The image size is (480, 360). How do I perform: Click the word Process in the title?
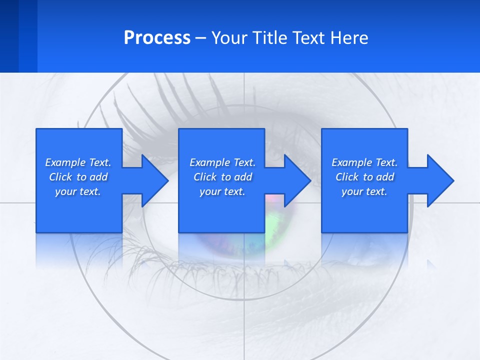coord(157,38)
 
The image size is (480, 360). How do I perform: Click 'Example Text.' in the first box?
coord(78,162)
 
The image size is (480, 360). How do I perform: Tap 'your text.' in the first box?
coord(78,191)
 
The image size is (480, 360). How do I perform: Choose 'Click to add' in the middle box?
coord(222,177)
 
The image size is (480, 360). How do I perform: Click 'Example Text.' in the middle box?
coord(222,162)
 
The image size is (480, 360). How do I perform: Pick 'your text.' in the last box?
coord(364,191)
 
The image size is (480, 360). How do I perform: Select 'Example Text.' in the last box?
coord(364,162)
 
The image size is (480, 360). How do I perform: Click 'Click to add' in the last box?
coord(364,177)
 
